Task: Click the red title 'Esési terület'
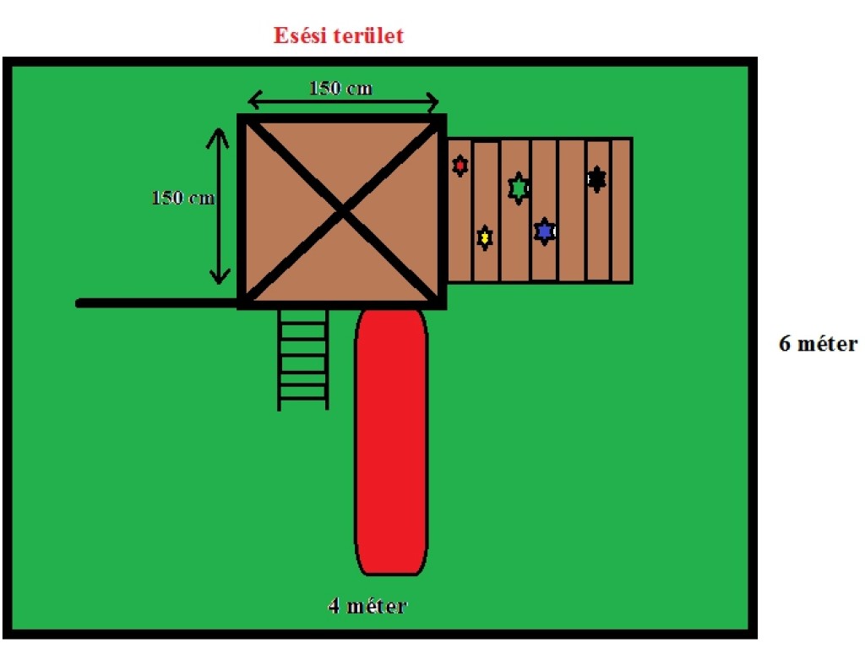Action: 338,36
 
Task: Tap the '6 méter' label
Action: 818,344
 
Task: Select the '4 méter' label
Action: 367,606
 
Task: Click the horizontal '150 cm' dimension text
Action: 340,88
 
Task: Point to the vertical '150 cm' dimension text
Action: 182,199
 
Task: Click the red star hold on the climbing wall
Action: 460,166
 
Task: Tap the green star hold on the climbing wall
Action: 518,188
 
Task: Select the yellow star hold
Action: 484,238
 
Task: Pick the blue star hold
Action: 545,230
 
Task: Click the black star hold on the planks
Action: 596,178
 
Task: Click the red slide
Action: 391,439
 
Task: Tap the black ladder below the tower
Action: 303,359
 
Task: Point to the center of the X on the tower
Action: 342,211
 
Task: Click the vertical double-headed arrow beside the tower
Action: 220,205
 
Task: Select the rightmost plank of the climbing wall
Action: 621,210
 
